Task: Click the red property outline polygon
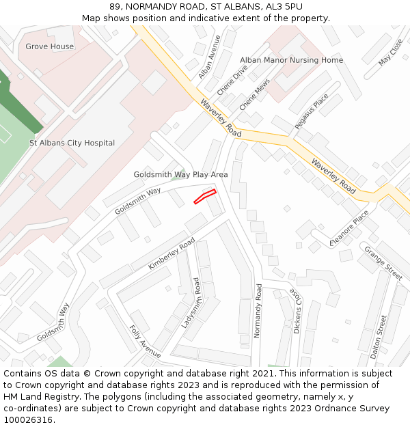click(205, 197)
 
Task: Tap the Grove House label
click(49, 46)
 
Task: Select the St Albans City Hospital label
click(72, 143)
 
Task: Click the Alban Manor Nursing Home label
click(291, 60)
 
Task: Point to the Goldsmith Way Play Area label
click(180, 174)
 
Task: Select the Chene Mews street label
click(254, 94)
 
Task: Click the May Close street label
click(390, 52)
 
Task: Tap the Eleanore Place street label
click(349, 230)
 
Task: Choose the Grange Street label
click(383, 262)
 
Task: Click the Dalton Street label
click(374, 337)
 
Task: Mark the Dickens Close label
click(296, 310)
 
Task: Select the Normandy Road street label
click(258, 311)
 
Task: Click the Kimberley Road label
click(172, 253)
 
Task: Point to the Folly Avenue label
click(145, 341)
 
